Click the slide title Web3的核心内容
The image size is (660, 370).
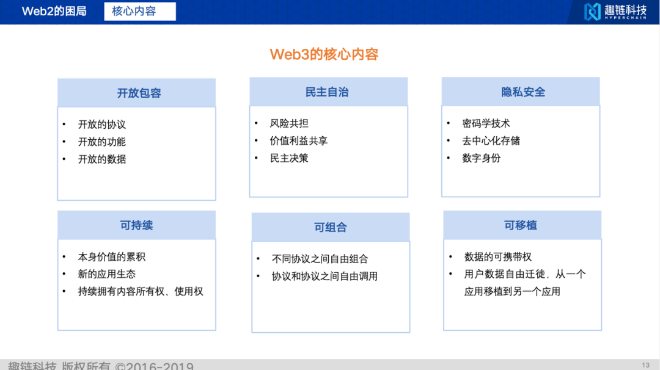pyautogui.click(x=324, y=54)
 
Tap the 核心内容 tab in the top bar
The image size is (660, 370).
pyautogui.click(x=134, y=11)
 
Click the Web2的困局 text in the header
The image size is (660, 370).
pyautogui.click(x=54, y=11)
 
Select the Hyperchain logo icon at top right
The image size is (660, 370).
pyautogui.click(x=592, y=11)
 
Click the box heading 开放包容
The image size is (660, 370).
pyautogui.click(x=139, y=93)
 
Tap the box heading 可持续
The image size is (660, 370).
pyautogui.click(x=136, y=225)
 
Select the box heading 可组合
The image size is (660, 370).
pyautogui.click(x=330, y=227)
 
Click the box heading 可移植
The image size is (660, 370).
pyautogui.click(x=521, y=225)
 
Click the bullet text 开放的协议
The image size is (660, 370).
pyautogui.click(x=101, y=125)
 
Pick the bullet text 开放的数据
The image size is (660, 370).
pyautogui.click(x=101, y=159)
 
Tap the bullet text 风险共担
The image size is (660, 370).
pyautogui.click(x=289, y=123)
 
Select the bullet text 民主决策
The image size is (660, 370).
pyautogui.click(x=289, y=158)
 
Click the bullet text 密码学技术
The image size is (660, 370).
pyautogui.click(x=486, y=123)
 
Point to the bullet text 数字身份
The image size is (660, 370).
pyautogui.click(x=481, y=158)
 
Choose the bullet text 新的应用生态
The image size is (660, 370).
pyautogui.click(x=106, y=274)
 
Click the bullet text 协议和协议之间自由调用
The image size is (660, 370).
pyautogui.click(x=324, y=276)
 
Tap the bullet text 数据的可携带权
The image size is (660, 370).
pyautogui.click(x=498, y=257)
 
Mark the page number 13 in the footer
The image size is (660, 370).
pyautogui.click(x=645, y=365)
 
